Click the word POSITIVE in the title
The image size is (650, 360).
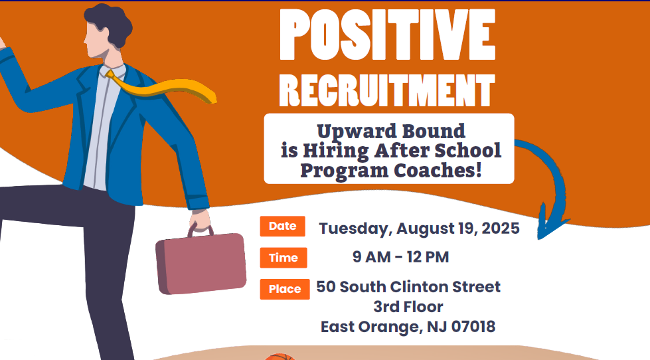tap(388, 35)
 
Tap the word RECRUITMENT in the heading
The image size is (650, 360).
tap(387, 90)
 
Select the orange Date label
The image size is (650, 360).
tap(283, 226)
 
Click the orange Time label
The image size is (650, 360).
tap(284, 258)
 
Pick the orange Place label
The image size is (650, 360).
tap(285, 289)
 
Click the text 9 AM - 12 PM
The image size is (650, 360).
tap(401, 257)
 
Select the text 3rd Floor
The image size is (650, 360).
tap(408, 307)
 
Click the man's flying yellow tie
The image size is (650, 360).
tap(162, 88)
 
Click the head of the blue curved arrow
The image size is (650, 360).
tap(550, 223)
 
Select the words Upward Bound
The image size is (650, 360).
tap(391, 131)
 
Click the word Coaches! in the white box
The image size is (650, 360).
tap(438, 170)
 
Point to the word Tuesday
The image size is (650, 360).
tap(355, 229)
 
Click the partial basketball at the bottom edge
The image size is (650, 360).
tap(280, 357)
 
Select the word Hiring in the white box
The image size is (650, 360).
tap(336, 151)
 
